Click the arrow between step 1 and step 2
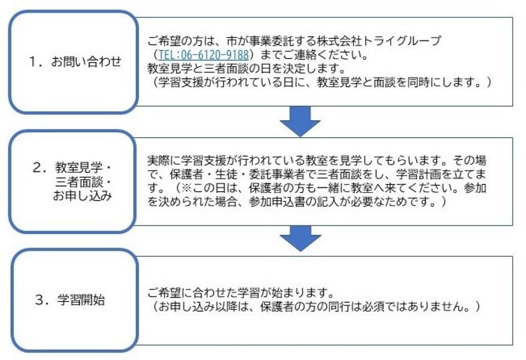coord(300,122)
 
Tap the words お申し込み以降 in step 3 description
coord(200,306)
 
